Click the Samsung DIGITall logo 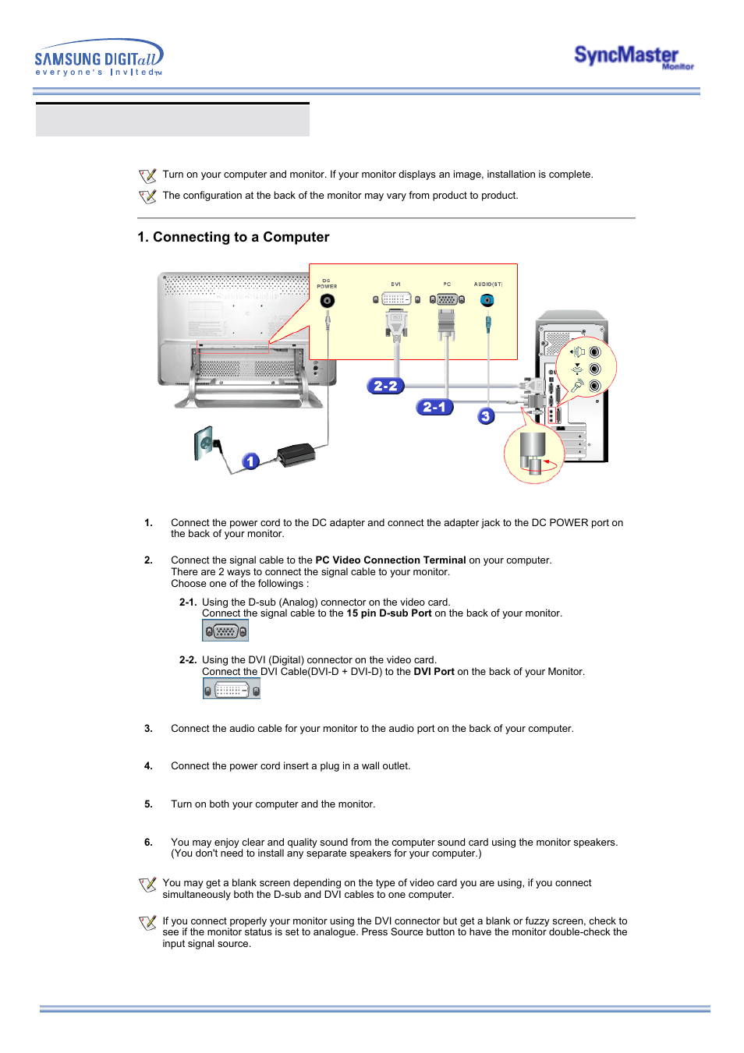tap(98, 58)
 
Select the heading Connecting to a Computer tap(233, 237)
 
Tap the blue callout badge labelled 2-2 tap(385, 386)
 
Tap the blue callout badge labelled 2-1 tap(434, 407)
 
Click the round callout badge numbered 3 tap(486, 416)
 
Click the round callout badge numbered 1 tap(250, 461)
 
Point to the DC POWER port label tap(327, 284)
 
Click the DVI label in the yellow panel tap(396, 284)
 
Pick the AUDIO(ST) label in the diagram tap(488, 284)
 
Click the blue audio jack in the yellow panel tap(487, 300)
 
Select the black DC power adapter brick tap(296, 454)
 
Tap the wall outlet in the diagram tap(205, 443)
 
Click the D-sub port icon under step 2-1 tap(225, 631)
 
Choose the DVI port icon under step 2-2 tap(231, 689)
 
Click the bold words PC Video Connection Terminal tap(391, 560)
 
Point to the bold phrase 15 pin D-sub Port tap(389, 613)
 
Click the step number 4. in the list tap(148, 766)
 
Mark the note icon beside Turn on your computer tap(147, 175)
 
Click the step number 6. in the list tap(148, 843)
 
